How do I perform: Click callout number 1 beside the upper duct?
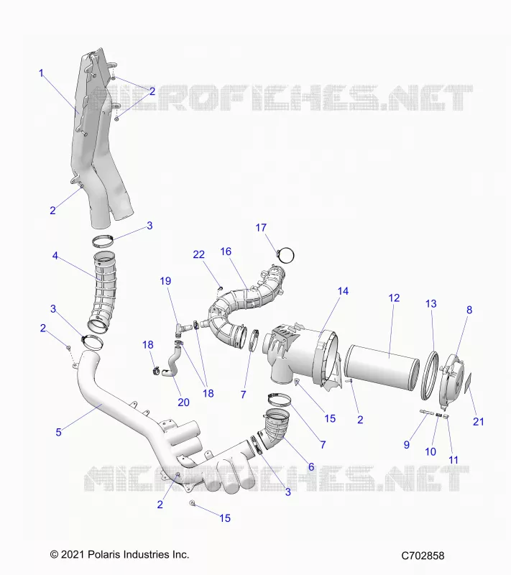click(41, 73)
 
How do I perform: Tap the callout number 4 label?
click(55, 256)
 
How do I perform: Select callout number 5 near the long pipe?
click(58, 432)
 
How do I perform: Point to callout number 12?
click(394, 298)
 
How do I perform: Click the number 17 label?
click(261, 228)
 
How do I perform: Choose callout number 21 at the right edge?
click(479, 422)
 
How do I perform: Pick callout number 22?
click(198, 254)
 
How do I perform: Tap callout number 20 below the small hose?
click(183, 402)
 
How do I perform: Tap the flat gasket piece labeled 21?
click(468, 383)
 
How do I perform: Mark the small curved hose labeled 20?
click(172, 364)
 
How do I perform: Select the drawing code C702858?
click(423, 556)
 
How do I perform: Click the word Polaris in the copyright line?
click(103, 554)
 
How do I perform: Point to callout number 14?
click(343, 291)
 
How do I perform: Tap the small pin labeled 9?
click(427, 413)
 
